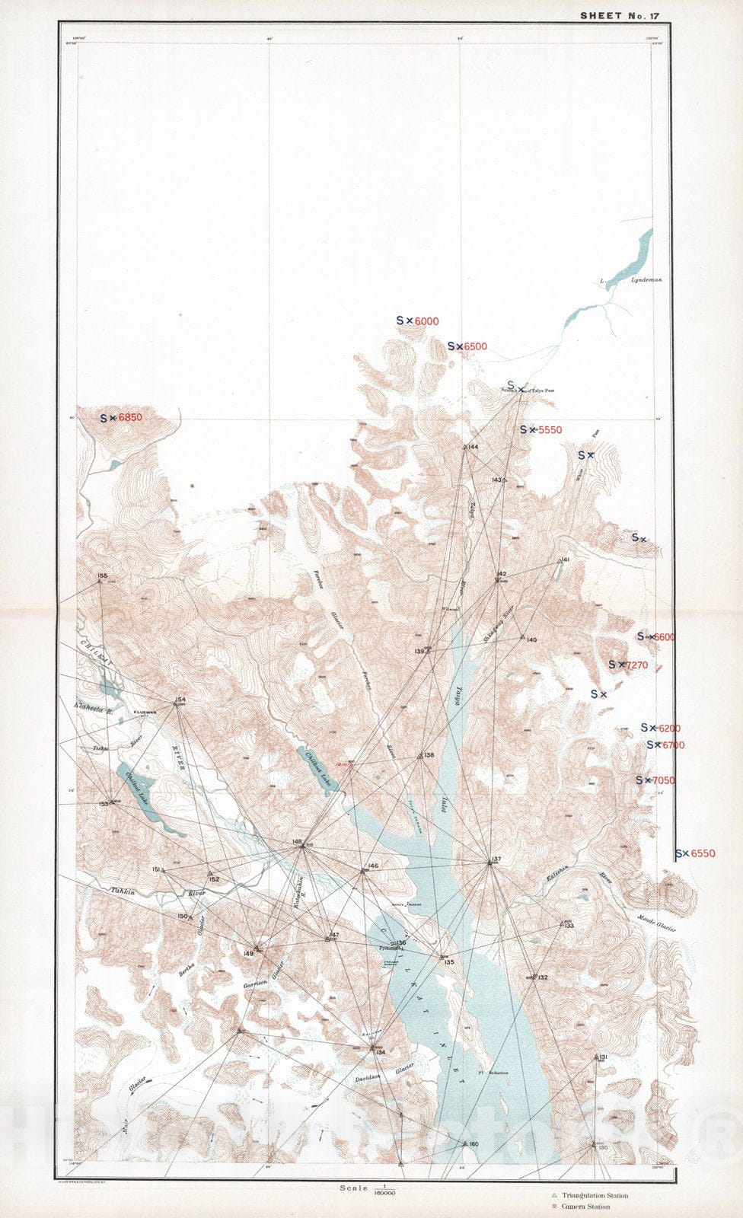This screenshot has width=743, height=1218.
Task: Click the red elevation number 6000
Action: click(426, 321)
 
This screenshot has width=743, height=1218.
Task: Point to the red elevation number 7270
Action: click(636, 665)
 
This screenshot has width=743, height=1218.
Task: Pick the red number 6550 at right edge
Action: click(703, 853)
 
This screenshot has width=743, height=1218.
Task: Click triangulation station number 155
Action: click(103, 576)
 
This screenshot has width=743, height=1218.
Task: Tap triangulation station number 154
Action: click(180, 699)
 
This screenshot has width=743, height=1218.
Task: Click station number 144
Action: click(473, 447)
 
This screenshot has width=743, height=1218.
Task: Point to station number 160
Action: click(473, 1144)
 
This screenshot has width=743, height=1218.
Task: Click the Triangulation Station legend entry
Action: click(595, 1195)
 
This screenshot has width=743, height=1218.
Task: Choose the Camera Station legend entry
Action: click(585, 1207)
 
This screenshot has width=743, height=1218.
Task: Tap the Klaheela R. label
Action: click(94, 707)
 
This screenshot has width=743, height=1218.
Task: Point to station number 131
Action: click(602, 1058)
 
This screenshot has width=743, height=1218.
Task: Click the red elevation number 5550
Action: click(550, 430)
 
